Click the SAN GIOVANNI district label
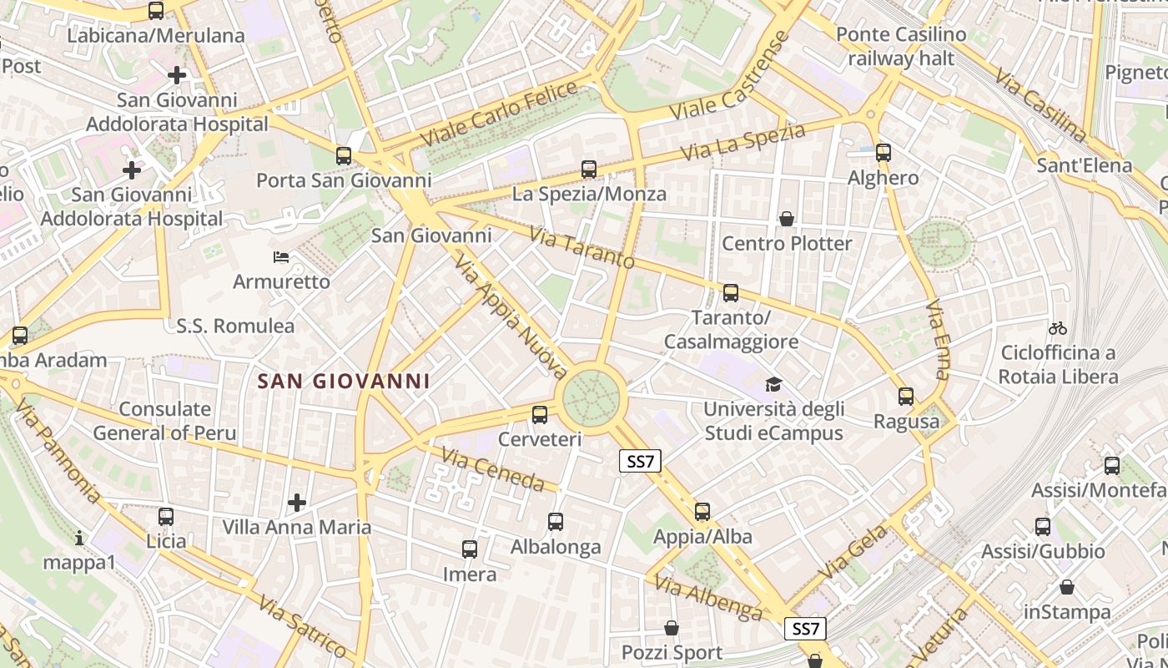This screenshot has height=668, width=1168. [x=344, y=382]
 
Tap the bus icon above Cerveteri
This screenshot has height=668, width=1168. [x=540, y=414]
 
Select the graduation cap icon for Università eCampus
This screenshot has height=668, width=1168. [x=773, y=385]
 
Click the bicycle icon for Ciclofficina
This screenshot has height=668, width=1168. [x=1058, y=328]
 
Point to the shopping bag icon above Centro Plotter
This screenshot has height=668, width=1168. [x=786, y=220]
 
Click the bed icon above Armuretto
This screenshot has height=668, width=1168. [x=281, y=257]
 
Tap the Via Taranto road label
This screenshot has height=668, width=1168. [x=581, y=247]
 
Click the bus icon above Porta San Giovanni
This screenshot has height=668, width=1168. [x=343, y=155]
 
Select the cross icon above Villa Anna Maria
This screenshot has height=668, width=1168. [x=296, y=503]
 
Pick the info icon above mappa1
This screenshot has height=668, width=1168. [x=79, y=538]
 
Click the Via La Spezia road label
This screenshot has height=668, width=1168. [x=743, y=143]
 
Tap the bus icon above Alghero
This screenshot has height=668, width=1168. [x=884, y=153]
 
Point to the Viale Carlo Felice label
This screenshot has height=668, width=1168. [x=499, y=114]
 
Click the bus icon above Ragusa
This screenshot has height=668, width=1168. [x=906, y=397]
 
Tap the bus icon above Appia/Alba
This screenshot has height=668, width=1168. [x=702, y=512]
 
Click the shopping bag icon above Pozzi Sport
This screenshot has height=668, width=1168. [x=672, y=628]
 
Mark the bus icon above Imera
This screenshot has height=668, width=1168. [x=470, y=549]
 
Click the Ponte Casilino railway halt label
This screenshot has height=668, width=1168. [x=901, y=47]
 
